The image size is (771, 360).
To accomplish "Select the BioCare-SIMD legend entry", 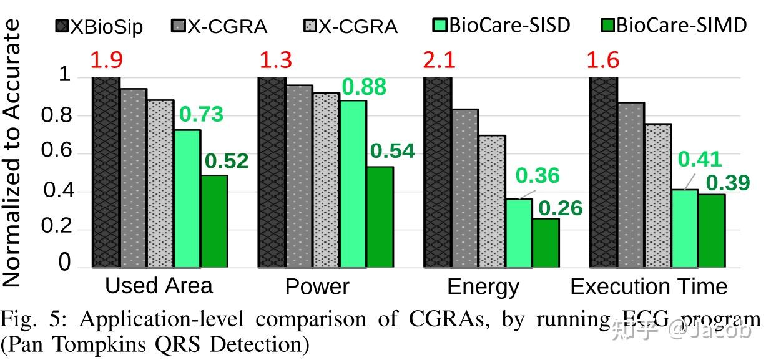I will click(674, 26).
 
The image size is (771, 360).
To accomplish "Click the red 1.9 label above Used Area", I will click(106, 61).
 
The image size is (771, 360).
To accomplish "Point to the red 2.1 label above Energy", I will click(439, 61).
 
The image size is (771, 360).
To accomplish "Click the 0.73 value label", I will click(201, 115).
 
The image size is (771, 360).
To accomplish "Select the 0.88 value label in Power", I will click(364, 87).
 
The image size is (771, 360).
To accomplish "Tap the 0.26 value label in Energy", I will click(560, 208).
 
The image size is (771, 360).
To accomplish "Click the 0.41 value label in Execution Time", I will click(700, 160).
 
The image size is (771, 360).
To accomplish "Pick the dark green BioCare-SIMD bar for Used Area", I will click(214, 221).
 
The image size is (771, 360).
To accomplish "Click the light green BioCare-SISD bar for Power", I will click(353, 183).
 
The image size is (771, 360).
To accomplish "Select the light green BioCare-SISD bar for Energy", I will click(519, 233).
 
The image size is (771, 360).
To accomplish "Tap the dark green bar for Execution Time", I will click(712, 230).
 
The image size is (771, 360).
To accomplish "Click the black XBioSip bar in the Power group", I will click(272, 172).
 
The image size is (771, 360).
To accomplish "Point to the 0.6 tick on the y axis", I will click(57, 153).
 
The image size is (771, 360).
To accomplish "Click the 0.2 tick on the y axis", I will click(57, 229).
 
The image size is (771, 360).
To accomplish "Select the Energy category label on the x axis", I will click(483, 287).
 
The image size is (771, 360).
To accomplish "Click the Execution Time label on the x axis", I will click(649, 287).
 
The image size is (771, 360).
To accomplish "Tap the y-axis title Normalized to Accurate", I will click(12, 153).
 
